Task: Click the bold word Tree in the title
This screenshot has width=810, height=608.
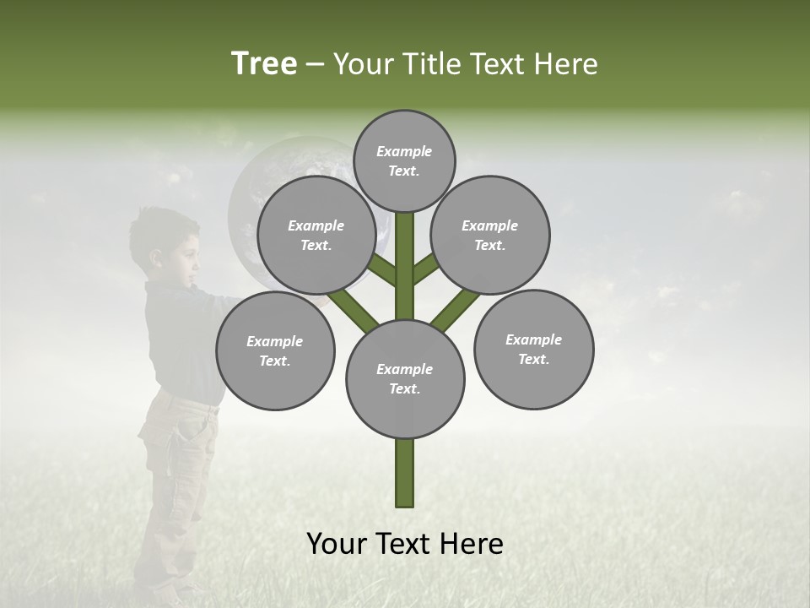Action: pos(264,63)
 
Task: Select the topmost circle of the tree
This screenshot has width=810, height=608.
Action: pos(404,160)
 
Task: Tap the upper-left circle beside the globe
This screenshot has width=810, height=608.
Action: pos(316,235)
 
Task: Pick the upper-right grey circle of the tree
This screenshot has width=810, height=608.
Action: pos(490,235)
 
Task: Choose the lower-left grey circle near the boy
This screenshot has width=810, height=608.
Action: pos(275,350)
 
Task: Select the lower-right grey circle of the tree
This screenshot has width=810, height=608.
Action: pos(533,349)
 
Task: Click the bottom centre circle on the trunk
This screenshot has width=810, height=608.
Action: pos(405,378)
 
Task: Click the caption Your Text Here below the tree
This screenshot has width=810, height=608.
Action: pos(404,544)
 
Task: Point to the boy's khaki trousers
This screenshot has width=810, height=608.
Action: pos(173,473)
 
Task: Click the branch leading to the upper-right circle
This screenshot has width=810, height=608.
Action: pos(426,267)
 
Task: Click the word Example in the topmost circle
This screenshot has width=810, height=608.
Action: pos(404,151)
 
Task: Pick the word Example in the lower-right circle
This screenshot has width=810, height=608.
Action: pos(533,339)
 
